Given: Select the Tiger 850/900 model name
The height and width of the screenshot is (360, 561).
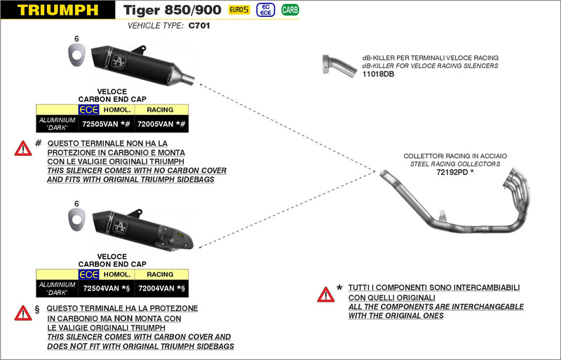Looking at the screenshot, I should click(x=172, y=10).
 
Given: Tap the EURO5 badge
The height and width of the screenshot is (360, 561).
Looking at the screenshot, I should click(x=239, y=10).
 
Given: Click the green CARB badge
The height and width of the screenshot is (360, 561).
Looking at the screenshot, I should click(x=289, y=10).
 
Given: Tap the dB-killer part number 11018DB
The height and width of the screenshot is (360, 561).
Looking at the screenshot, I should click(x=378, y=74).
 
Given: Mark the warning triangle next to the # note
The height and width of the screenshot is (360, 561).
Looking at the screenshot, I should click(x=23, y=148).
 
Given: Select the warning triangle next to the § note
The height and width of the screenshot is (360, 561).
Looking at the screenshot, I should click(x=23, y=313).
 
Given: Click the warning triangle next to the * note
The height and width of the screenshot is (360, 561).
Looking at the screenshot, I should click(x=325, y=294).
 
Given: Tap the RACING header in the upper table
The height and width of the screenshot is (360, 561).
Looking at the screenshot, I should click(x=160, y=109).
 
